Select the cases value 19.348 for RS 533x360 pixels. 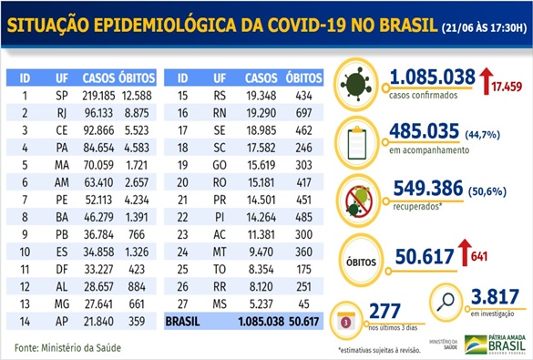tap(259, 95)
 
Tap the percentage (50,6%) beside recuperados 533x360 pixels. tap(491, 190)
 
